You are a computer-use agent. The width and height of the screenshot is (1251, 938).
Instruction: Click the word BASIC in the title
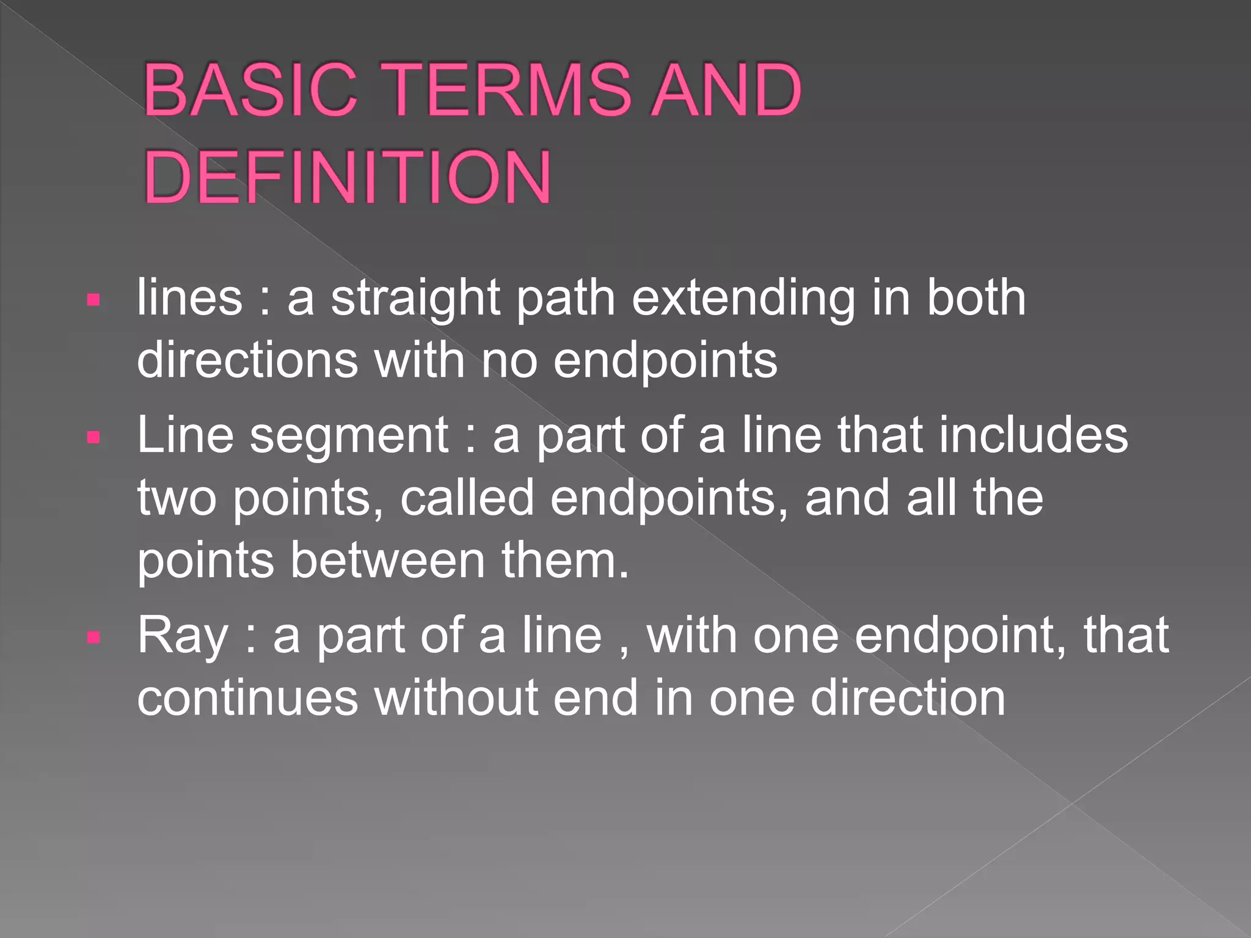click(250, 90)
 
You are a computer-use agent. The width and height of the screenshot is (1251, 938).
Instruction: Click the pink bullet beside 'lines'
click(93, 300)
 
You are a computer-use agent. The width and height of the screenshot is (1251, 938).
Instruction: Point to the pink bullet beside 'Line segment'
click(93, 437)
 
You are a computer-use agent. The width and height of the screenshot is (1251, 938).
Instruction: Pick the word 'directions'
click(247, 360)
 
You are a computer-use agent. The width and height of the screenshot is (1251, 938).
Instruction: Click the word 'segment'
click(349, 436)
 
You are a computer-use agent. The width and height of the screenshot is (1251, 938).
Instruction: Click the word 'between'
click(387, 561)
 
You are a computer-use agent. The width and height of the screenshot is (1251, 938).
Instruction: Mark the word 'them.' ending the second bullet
click(565, 561)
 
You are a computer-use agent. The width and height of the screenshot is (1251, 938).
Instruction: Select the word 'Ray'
click(182, 637)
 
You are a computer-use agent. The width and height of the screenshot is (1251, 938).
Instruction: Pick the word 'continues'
click(247, 699)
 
